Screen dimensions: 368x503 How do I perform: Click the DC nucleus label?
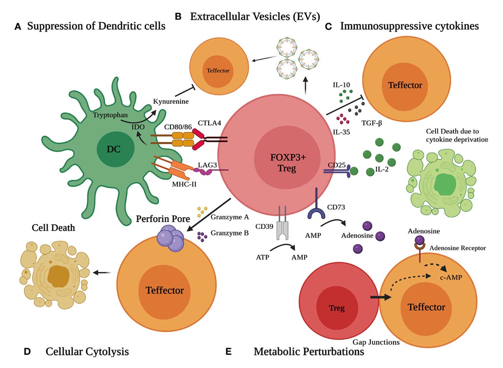pos(113,150)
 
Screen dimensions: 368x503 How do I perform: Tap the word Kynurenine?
pos(170,101)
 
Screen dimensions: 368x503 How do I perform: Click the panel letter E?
pos(228,352)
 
